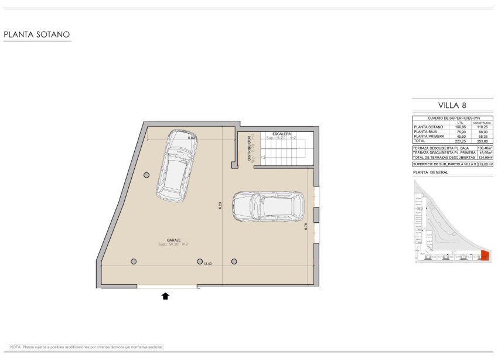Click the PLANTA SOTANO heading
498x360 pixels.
pyautogui.click(x=37, y=35)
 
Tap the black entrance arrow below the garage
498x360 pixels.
pyautogui.click(x=165, y=296)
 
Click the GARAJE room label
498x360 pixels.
pyautogui.click(x=172, y=239)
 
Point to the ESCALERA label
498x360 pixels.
pyautogui.click(x=282, y=134)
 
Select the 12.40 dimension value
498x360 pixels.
pyautogui.click(x=207, y=264)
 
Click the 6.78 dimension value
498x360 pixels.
pyautogui.click(x=306, y=226)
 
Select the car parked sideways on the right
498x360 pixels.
pyautogui.click(x=269, y=206)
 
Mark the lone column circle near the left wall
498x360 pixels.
pyautogui.click(x=146, y=175)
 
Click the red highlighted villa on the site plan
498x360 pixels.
pyautogui.click(x=485, y=255)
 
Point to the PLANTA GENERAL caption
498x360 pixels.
pyautogui.click(x=431, y=173)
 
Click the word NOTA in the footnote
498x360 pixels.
pyautogui.click(x=16, y=347)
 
